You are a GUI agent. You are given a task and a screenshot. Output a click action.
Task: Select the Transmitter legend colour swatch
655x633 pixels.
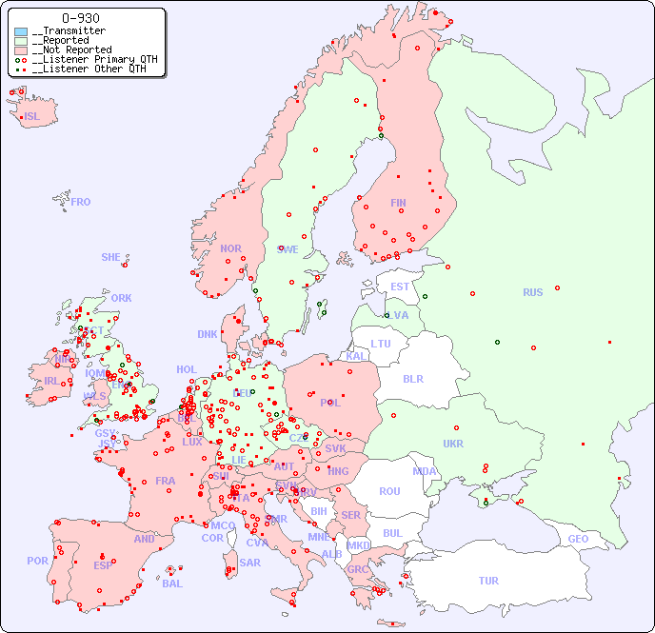click(x=21, y=31)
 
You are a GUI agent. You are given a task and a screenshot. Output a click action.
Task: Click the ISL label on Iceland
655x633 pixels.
click(x=32, y=117)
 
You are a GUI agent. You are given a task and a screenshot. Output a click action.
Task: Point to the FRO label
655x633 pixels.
click(x=81, y=202)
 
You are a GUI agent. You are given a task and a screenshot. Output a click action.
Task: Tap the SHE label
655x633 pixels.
click(x=111, y=257)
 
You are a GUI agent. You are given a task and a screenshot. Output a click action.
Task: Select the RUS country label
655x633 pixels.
click(x=532, y=292)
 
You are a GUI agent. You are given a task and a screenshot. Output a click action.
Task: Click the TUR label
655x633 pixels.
click(x=488, y=581)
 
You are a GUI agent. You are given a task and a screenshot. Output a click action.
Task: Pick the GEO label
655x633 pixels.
click(x=578, y=539)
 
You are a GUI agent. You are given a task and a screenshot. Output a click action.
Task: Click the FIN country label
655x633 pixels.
click(x=398, y=203)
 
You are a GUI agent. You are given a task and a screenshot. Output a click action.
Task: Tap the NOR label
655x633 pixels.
click(x=230, y=248)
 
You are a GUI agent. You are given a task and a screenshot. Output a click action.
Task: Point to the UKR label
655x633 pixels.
click(x=453, y=444)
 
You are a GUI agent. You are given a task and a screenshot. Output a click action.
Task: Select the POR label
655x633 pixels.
click(x=37, y=561)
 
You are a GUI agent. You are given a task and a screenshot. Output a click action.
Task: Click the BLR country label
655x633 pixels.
click(x=413, y=378)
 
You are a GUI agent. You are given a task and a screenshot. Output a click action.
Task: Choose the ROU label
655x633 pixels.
click(x=389, y=491)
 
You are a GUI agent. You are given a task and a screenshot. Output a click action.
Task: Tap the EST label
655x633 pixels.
click(x=400, y=287)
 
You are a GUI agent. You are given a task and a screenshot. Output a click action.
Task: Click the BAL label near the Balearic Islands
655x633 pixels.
click(x=172, y=584)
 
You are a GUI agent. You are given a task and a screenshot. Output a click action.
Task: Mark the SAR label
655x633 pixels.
click(x=249, y=562)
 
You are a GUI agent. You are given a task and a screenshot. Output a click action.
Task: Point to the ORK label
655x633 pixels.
click(x=121, y=298)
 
